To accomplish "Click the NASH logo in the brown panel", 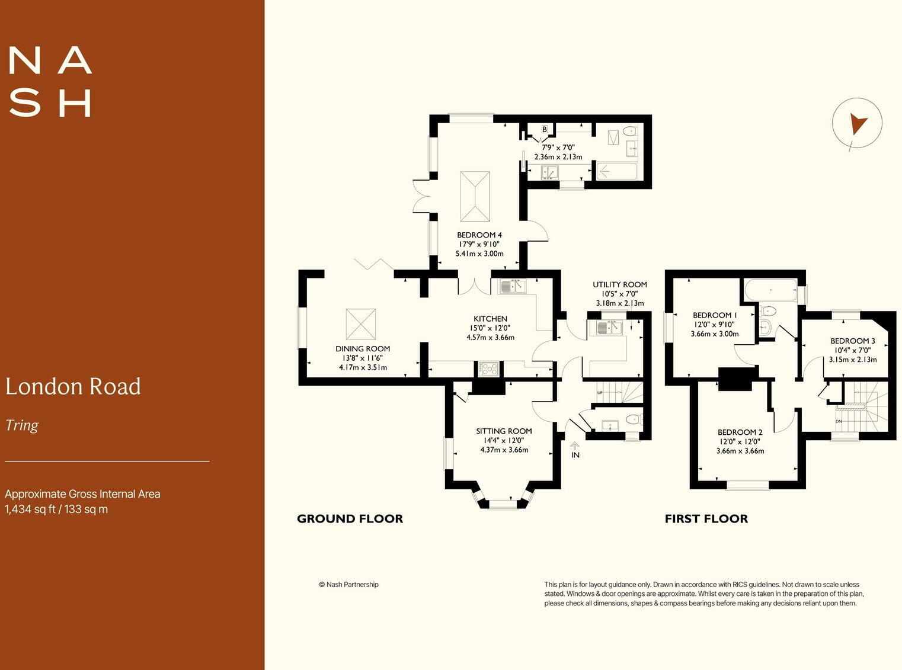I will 50,82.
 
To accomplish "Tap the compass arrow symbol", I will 857,124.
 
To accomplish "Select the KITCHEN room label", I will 490,319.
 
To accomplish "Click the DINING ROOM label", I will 363,349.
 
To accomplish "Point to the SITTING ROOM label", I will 504,431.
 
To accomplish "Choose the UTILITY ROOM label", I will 620,285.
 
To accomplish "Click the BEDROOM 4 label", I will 479,235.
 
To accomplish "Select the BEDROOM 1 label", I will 715,315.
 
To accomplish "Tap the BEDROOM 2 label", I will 740,432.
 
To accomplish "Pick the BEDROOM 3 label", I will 852,341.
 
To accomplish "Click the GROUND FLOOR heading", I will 350,519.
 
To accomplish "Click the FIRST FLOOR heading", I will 706,519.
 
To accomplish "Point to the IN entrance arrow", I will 574,446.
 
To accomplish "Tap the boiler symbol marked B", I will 545,129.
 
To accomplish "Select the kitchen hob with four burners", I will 488,369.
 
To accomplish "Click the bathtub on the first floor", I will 770,291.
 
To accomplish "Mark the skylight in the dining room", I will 360,324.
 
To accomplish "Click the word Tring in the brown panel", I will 22,425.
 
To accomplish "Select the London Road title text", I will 73,387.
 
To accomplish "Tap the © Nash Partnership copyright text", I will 348,585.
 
